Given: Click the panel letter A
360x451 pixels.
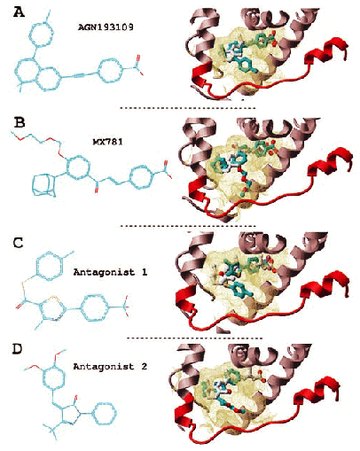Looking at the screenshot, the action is (20, 12).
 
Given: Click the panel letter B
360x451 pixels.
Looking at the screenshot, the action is (20, 122).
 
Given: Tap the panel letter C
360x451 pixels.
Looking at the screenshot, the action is (19, 243).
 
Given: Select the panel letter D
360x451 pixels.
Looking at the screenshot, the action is (18, 349).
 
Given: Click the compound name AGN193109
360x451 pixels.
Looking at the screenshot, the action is (106, 27).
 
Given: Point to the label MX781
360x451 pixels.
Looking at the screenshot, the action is (107, 142).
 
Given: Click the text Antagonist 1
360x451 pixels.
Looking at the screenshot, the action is (110, 272).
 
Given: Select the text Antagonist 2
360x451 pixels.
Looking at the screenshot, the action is (110, 367).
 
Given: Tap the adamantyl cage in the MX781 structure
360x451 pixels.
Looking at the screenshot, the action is (44, 185).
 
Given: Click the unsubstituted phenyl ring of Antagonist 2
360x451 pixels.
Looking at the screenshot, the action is (104, 414).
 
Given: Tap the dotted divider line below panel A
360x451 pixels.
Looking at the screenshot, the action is (188, 108).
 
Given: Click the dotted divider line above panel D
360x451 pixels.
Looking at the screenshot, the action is (195, 338).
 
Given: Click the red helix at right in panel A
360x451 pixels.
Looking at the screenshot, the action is (326, 51).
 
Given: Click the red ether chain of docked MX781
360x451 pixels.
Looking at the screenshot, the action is (246, 183).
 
